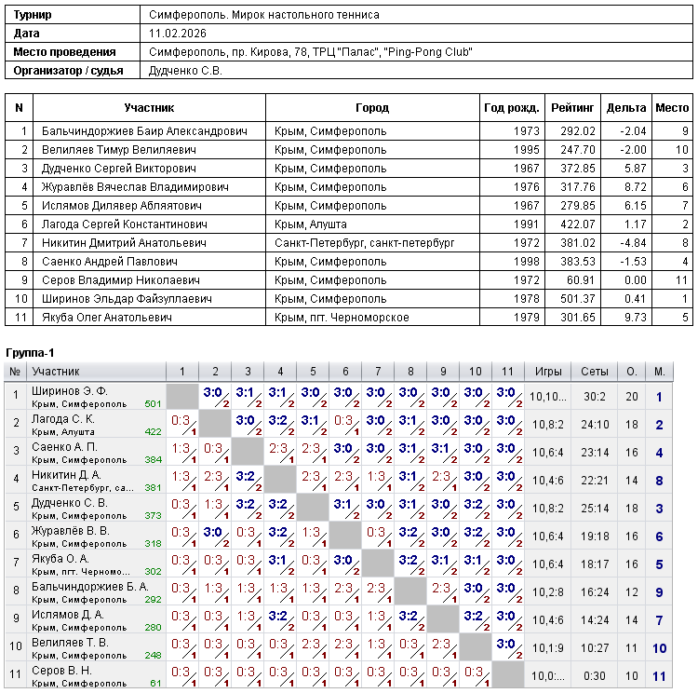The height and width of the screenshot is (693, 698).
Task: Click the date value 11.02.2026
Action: click(x=177, y=34)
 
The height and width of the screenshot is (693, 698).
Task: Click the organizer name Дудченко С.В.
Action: click(x=186, y=70)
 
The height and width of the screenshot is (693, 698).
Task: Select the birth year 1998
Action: click(x=526, y=262)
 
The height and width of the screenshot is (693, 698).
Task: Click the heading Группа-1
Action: click(x=31, y=354)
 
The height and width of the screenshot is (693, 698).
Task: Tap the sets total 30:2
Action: click(x=595, y=397)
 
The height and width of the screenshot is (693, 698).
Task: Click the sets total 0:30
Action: click(x=595, y=676)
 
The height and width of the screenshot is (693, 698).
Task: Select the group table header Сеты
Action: click(x=595, y=372)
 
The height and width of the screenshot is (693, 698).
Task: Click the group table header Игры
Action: click(x=547, y=372)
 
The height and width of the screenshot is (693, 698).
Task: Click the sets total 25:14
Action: click(x=595, y=509)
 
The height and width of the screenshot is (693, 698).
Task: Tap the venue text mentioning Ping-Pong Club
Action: click(x=311, y=52)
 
